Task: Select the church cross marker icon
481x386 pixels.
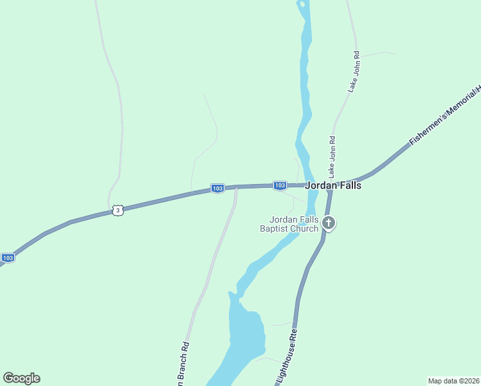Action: [x=329, y=224]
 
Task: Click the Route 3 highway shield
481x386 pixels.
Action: [x=116, y=210]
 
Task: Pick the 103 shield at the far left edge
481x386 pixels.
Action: [x=8, y=258]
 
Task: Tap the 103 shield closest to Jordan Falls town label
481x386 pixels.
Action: [x=280, y=185]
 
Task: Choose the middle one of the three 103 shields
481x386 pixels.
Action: [x=217, y=188]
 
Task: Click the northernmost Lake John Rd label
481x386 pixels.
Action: [x=354, y=72]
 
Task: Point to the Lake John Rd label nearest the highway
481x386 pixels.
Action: [x=332, y=157]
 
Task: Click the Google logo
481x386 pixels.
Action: [x=21, y=378]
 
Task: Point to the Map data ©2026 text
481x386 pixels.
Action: [x=454, y=380]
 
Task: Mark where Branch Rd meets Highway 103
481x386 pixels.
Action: [x=236, y=188]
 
